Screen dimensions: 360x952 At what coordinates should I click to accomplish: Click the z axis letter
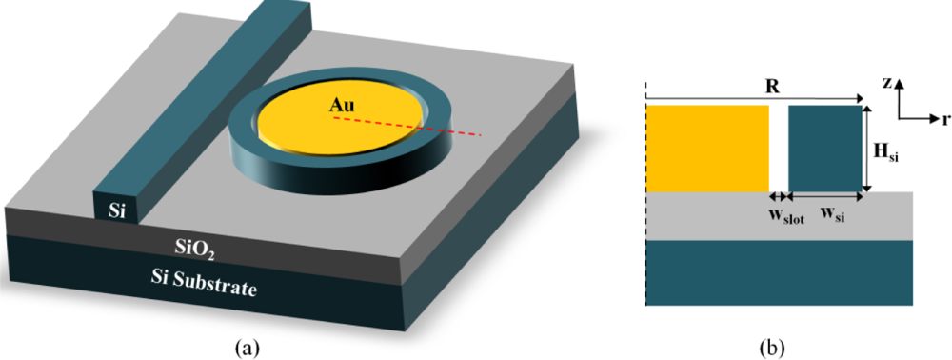coord(886,83)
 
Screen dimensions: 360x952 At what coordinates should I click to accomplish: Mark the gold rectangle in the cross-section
coord(706,148)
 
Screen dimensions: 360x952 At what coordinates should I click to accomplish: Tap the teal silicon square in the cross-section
coord(824,148)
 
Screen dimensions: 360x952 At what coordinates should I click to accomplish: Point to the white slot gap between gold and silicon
coord(779,148)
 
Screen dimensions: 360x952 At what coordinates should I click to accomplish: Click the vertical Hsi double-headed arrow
coord(867,148)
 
